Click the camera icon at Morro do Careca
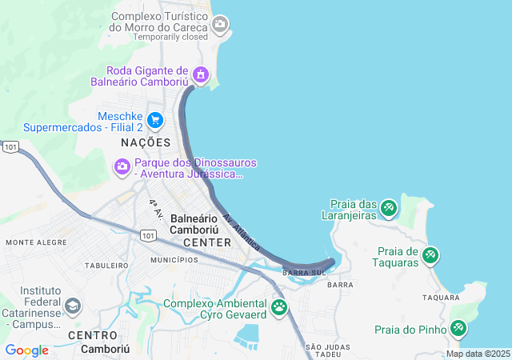(221, 25)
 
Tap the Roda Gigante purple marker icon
(200, 76)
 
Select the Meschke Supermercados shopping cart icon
(155, 121)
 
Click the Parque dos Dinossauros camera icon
(122, 166)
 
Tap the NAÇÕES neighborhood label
(146, 142)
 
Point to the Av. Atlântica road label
(242, 233)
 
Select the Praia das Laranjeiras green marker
(389, 208)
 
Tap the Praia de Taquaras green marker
(430, 256)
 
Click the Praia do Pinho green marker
(458, 328)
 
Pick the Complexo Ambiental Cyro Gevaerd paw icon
(279, 306)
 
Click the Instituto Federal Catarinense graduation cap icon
(73, 306)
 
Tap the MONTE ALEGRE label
(36, 242)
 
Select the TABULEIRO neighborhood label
(106, 265)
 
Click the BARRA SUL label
(304, 273)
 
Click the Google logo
(26, 350)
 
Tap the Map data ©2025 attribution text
(478, 354)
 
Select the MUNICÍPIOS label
(174, 260)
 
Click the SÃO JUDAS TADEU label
(323, 350)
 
